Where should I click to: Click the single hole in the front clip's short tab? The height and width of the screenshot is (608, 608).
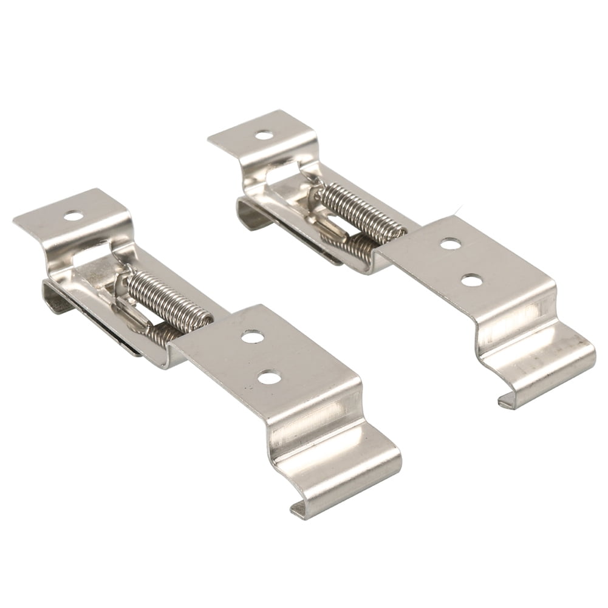73,215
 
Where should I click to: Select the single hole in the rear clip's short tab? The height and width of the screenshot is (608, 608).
264,135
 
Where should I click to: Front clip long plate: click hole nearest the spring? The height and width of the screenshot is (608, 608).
251,336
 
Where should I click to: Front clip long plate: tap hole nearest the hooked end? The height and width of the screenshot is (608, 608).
269,378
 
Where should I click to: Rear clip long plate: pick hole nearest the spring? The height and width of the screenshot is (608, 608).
450,244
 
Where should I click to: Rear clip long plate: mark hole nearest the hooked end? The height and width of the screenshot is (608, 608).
471,280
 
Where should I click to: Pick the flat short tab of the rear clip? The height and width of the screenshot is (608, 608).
261,137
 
